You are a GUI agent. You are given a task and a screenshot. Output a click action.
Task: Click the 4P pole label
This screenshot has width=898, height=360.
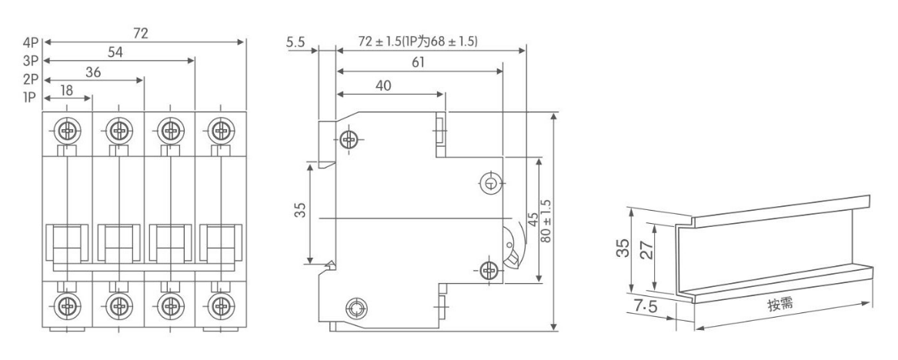pyautogui.click(x=30, y=42)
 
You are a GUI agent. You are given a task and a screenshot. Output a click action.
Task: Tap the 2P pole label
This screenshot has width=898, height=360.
pyautogui.click(x=30, y=79)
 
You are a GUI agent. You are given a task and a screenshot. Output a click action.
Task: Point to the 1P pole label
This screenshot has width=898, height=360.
pyautogui.click(x=30, y=98)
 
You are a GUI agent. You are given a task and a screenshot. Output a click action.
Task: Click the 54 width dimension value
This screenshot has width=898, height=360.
pyautogui.click(x=115, y=52)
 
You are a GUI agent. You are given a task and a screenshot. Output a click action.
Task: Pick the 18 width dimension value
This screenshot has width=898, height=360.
pyautogui.click(x=66, y=90)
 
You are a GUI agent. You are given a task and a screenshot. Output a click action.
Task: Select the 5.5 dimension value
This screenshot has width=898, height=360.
pyautogui.click(x=295, y=42)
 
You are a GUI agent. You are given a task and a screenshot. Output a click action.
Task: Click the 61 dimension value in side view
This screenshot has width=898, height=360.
pyautogui.click(x=418, y=62)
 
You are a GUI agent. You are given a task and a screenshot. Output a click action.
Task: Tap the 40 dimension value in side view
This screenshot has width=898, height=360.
pyautogui.click(x=384, y=85)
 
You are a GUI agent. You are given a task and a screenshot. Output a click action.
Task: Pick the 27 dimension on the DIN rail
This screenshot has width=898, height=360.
pyautogui.click(x=647, y=250)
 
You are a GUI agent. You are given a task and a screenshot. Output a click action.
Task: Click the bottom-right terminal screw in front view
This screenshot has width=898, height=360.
pyautogui.click(x=221, y=305)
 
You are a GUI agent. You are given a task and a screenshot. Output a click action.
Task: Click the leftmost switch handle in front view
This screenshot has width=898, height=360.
pyautogui.click(x=67, y=244)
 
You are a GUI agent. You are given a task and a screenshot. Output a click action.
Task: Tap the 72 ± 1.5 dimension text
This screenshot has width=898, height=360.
pyautogui.click(x=418, y=42)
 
